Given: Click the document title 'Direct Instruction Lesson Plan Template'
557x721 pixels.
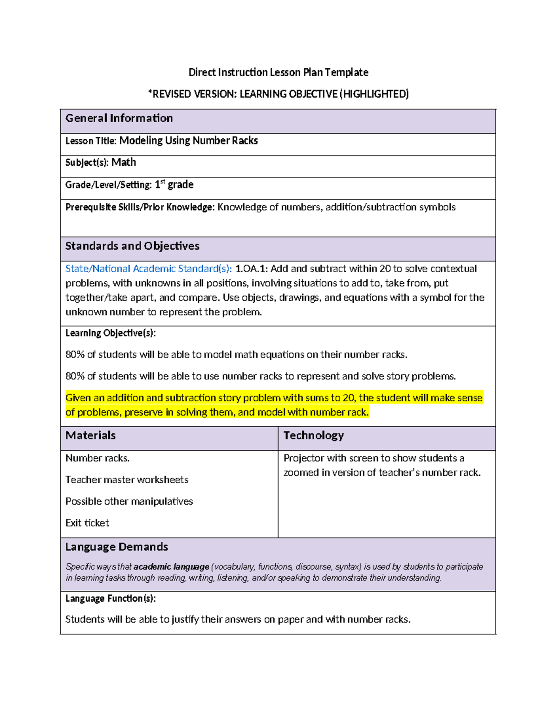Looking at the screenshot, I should [278, 72].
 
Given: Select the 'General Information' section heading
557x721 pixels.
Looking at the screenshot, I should [119, 118].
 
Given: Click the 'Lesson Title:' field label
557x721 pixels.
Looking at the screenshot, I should [91, 141].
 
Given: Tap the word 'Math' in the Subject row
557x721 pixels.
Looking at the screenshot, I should [123, 162].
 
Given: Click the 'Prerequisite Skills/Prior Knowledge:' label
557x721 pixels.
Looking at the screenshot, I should [140, 207].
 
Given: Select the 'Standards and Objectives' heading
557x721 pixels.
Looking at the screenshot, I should [132, 246].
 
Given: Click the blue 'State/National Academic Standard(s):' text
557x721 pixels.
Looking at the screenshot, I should [149, 269].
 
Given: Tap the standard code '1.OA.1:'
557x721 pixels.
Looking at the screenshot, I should [251, 269].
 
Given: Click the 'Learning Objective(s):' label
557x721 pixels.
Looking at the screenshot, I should [110, 333].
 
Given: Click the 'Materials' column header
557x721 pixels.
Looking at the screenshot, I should [91, 435].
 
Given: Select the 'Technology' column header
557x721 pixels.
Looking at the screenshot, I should [313, 435].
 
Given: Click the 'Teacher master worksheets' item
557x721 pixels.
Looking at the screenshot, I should [127, 480].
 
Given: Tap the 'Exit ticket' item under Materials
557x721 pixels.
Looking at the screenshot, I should [87, 523].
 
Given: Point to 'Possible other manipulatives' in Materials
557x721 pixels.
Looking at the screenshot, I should [129, 501].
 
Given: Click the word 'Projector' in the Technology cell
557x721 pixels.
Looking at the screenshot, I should [304, 458].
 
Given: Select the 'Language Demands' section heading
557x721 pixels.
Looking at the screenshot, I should [117, 547].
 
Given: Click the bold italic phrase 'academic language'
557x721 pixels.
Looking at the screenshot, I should [171, 567].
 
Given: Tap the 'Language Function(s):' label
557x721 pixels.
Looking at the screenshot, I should [110, 598].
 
